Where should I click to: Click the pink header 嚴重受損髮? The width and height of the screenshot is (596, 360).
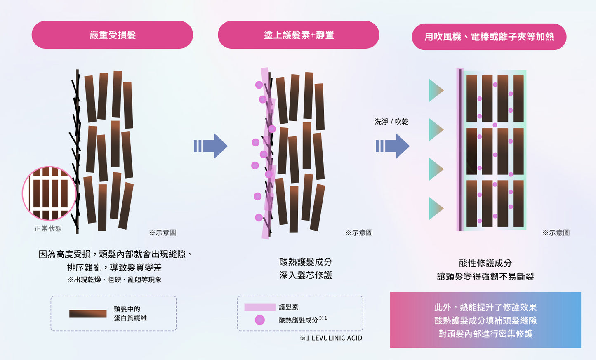(112, 35)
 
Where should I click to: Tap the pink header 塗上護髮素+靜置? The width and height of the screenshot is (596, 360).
(299, 35)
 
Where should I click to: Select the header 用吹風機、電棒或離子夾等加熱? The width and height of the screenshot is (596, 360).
(489, 37)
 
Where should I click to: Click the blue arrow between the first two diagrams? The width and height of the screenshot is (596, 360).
(212, 146)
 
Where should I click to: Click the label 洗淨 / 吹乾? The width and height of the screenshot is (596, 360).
(391, 122)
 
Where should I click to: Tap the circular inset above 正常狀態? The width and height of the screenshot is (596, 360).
(49, 193)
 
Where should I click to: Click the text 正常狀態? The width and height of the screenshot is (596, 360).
(48, 228)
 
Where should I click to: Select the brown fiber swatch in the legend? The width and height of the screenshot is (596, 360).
(88, 313)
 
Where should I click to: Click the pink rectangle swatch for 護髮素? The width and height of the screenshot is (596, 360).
(259, 307)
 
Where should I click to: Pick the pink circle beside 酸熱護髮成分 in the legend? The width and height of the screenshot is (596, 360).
(260, 320)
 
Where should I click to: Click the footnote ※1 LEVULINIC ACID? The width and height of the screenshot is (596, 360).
(331, 338)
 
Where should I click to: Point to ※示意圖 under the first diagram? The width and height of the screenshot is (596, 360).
(163, 233)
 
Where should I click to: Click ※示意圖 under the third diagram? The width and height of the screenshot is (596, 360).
(556, 233)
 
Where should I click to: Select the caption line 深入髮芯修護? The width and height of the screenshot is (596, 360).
(306, 275)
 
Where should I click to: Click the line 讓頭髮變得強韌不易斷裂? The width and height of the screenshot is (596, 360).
(485, 277)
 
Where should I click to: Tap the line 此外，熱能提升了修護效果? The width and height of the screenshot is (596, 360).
(485, 307)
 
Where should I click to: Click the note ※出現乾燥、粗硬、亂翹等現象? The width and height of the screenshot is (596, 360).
(114, 280)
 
